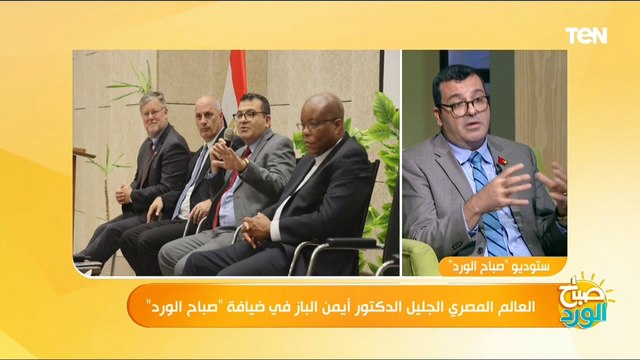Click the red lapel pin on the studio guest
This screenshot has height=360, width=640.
pyautogui.click(x=500, y=160)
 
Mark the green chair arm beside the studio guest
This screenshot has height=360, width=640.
pyautogui.click(x=421, y=256)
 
